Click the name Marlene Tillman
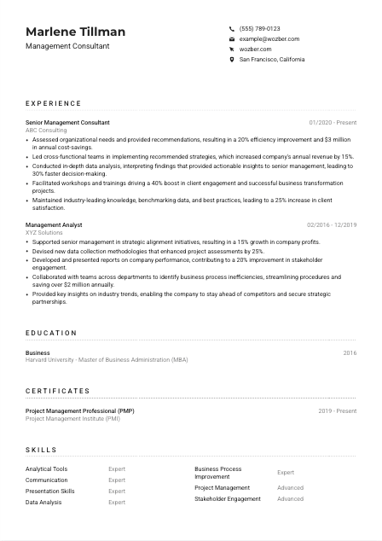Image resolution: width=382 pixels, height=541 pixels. coord(75,32)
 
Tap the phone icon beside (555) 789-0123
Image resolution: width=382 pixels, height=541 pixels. coord(232,28)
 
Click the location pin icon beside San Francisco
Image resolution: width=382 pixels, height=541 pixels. coord(232,60)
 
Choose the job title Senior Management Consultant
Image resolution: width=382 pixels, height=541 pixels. coord(67,123)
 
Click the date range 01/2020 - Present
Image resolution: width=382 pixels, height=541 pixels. coord(333,123)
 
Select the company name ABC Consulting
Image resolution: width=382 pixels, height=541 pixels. coord(46,131)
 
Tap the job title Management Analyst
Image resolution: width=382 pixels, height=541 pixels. coord(54,224)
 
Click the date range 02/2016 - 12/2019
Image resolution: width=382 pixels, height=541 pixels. coord(331,224)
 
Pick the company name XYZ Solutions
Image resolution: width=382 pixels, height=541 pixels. coord(44,232)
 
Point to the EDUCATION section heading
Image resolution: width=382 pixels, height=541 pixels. coord(51,333)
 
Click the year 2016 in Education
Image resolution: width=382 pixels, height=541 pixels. coord(350,352)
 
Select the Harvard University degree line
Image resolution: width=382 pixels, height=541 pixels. coord(107,360)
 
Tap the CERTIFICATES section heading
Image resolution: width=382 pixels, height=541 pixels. coord(57,391)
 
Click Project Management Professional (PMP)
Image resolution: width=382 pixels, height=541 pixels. coord(79,410)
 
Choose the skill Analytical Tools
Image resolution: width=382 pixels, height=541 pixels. coord(46,469)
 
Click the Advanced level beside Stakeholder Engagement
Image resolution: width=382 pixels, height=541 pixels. coord(290,499)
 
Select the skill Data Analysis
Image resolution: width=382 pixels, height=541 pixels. coord(43,503)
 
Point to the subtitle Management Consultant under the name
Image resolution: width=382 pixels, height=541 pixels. coord(67,46)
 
